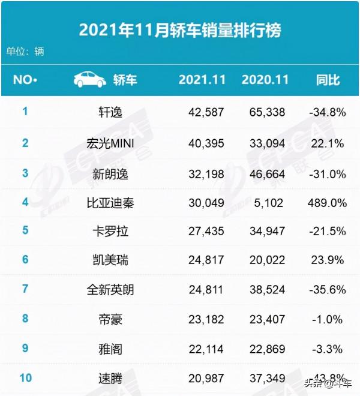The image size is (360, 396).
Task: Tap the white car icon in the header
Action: (90, 79)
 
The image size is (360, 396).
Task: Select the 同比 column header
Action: (328, 80)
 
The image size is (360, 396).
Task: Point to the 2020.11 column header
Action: (265, 80)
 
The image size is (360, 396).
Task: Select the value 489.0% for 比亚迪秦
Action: (328, 203)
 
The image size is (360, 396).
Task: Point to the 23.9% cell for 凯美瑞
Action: (328, 261)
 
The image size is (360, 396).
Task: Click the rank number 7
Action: (25, 289)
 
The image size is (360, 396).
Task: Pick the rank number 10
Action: (25, 377)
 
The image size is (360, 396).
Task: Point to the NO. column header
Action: (25, 80)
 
